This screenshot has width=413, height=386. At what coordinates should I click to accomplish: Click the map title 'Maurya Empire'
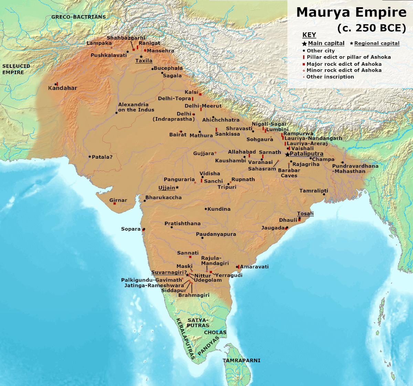click(x=351, y=12)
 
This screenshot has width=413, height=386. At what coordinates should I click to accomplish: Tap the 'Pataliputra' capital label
click(x=306, y=154)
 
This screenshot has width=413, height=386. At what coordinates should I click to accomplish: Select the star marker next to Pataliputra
click(x=287, y=155)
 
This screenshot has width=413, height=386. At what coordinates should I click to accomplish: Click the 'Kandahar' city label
click(x=63, y=88)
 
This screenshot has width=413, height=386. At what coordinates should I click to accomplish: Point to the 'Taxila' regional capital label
click(x=144, y=61)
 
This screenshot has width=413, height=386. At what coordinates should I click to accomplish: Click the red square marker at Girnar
click(x=115, y=204)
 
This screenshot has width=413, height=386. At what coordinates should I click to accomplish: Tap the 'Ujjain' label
click(x=167, y=188)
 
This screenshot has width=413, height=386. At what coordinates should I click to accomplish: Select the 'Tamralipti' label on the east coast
click(x=314, y=190)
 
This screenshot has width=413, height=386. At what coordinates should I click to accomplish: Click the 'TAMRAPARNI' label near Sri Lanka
click(x=241, y=361)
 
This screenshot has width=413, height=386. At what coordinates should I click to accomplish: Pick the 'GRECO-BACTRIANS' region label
click(x=78, y=17)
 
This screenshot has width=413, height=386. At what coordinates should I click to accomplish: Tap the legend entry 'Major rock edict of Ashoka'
click(x=344, y=64)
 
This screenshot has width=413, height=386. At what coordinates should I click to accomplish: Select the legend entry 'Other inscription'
click(x=330, y=77)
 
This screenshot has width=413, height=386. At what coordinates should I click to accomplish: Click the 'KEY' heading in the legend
click(x=309, y=35)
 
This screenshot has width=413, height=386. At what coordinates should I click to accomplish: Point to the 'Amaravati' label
click(x=254, y=267)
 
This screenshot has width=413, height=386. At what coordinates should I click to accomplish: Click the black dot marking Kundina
click(x=206, y=209)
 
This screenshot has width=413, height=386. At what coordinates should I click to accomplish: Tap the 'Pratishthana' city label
click(x=182, y=223)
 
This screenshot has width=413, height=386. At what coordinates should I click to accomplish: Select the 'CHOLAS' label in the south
click(x=215, y=332)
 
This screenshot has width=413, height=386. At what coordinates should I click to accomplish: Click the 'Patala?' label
click(x=102, y=157)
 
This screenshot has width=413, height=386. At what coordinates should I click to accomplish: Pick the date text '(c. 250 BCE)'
click(x=372, y=28)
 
